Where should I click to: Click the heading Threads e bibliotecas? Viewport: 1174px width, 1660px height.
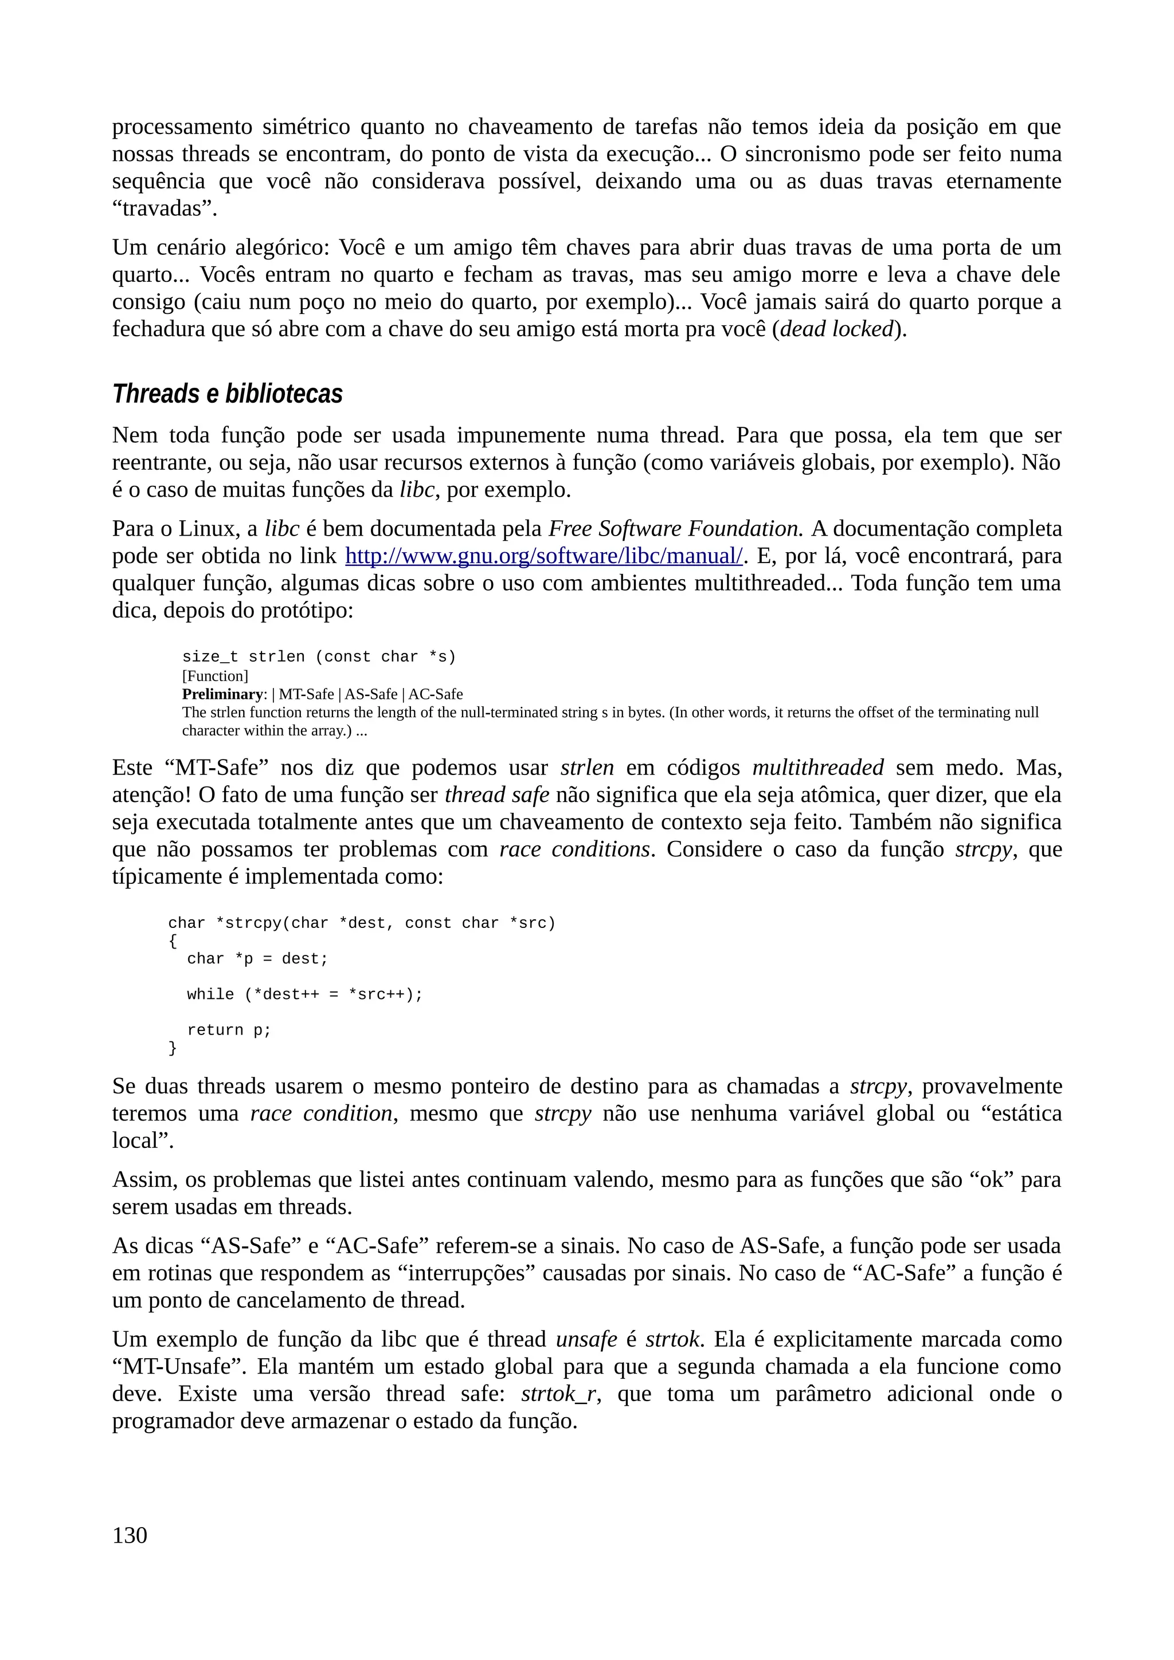227,394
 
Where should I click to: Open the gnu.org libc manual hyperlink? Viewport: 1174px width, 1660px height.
543,556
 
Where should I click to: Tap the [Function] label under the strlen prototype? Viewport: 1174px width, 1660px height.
215,676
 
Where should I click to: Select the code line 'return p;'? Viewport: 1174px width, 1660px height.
229,1029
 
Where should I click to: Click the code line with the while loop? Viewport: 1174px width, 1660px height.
304,994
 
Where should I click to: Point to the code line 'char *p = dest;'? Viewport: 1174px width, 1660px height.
257,959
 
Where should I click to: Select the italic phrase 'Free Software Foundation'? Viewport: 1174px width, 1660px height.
676,529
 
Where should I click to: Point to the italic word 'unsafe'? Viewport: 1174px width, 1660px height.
586,1339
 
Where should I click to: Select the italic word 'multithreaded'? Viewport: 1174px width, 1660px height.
817,767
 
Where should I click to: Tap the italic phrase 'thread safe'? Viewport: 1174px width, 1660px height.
496,794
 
